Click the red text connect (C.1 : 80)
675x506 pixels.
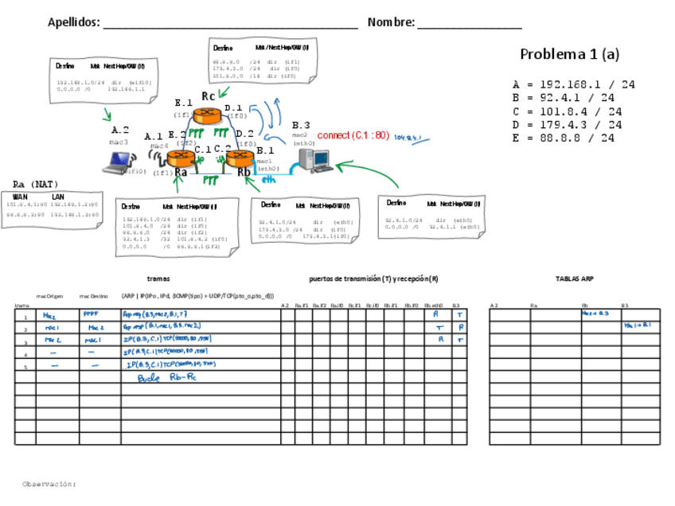click(353, 135)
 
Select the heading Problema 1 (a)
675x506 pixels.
click(569, 54)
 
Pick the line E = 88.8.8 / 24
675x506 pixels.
click(564, 138)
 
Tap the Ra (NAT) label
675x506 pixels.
click(36, 185)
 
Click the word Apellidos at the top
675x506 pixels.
click(73, 22)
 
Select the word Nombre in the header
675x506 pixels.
click(391, 22)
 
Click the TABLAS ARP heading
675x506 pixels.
click(575, 279)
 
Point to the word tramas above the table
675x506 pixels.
click(158, 279)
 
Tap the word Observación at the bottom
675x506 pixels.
click(49, 483)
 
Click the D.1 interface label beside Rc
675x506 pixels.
click(233, 107)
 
